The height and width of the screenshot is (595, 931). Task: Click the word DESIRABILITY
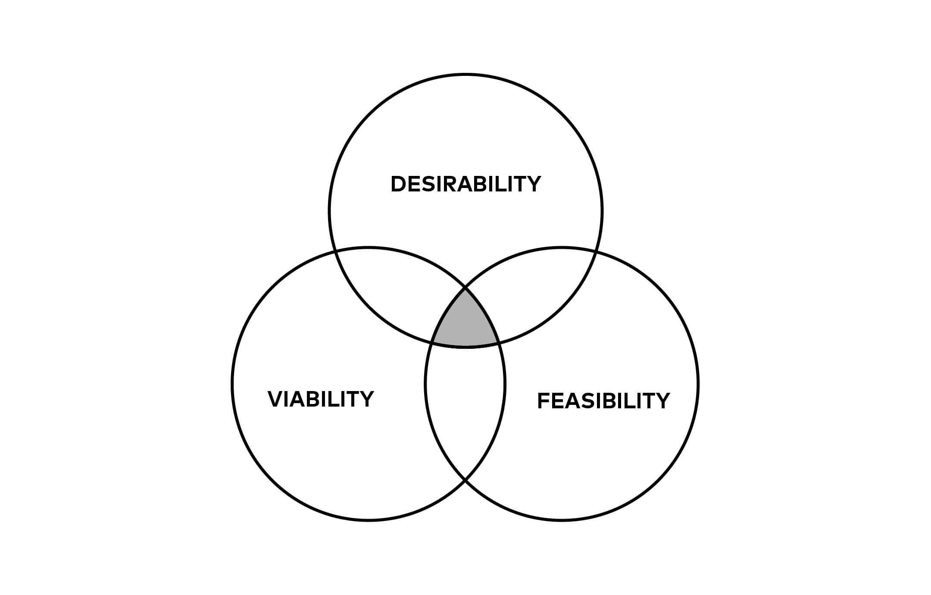[x=465, y=184]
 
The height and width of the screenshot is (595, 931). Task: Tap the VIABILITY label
[x=321, y=399]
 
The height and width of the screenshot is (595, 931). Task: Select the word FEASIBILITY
[x=603, y=401]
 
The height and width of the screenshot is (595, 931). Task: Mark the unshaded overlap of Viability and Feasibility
[x=465, y=401]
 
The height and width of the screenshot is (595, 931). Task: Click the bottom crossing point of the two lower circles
[x=465, y=480]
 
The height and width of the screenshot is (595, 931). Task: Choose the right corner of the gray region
[x=499, y=343]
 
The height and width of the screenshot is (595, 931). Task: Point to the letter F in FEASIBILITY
[x=543, y=401]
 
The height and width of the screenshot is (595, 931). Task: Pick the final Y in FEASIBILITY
[x=662, y=401]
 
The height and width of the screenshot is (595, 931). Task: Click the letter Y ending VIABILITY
[x=366, y=399]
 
